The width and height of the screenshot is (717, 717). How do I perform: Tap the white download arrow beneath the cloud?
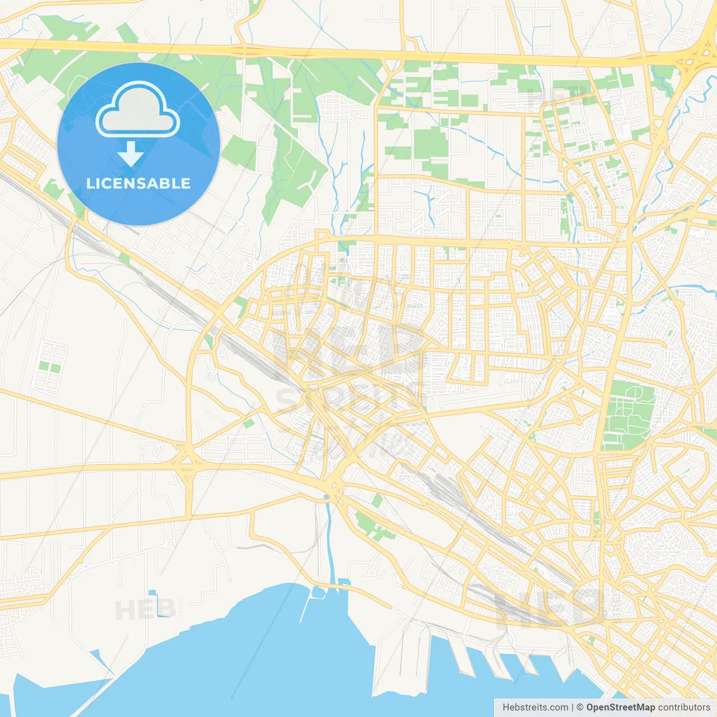click(131, 154)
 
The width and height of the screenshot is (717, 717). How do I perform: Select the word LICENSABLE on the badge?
click(138, 183)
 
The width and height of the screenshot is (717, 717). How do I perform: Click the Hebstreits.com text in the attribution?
click(536, 707)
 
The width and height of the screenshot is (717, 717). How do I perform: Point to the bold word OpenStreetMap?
click(620, 707)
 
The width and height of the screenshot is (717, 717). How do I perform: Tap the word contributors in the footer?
click(684, 707)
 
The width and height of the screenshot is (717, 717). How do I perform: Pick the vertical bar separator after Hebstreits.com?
click(572, 707)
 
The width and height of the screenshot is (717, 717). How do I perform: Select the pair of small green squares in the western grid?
click(49, 367)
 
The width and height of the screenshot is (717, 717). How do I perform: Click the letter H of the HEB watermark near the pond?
click(125, 610)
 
